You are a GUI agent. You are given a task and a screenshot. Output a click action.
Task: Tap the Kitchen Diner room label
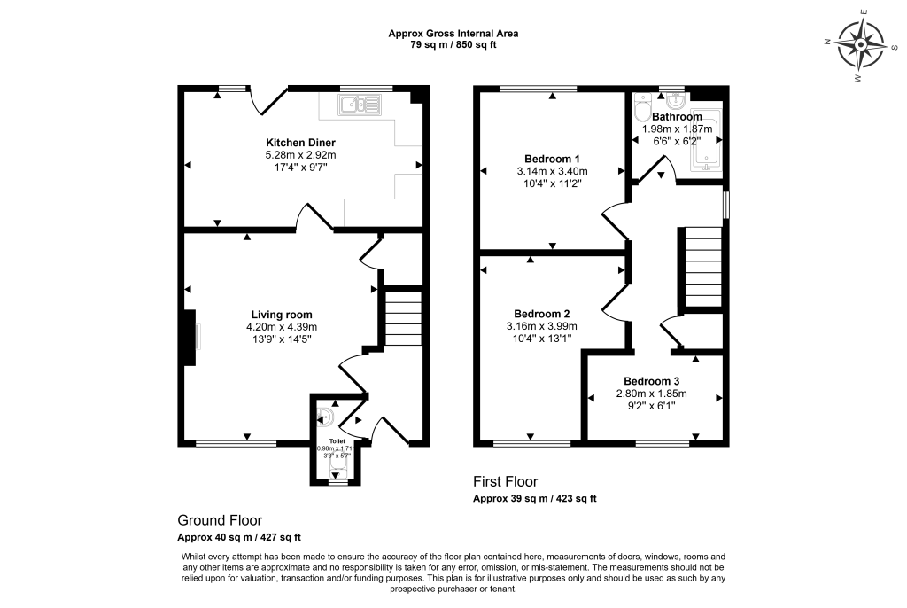point(301,143)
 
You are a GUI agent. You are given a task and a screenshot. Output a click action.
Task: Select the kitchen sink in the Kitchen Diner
point(359,106)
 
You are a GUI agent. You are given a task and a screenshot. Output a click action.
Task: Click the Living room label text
point(281,315)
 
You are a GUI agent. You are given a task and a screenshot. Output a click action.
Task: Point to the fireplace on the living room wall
point(189,338)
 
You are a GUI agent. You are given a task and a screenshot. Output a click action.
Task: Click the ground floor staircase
point(403,316)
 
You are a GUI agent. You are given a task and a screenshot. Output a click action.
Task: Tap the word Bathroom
point(677,117)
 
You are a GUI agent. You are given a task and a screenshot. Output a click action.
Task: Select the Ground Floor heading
point(220,520)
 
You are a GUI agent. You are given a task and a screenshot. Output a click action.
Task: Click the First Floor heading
point(505,482)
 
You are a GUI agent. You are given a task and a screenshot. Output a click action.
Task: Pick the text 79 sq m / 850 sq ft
point(453,45)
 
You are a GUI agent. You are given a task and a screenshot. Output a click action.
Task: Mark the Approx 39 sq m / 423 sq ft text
point(534,499)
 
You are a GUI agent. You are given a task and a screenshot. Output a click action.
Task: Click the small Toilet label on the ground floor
point(337,440)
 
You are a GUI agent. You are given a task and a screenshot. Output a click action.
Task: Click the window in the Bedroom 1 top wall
point(537,89)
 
